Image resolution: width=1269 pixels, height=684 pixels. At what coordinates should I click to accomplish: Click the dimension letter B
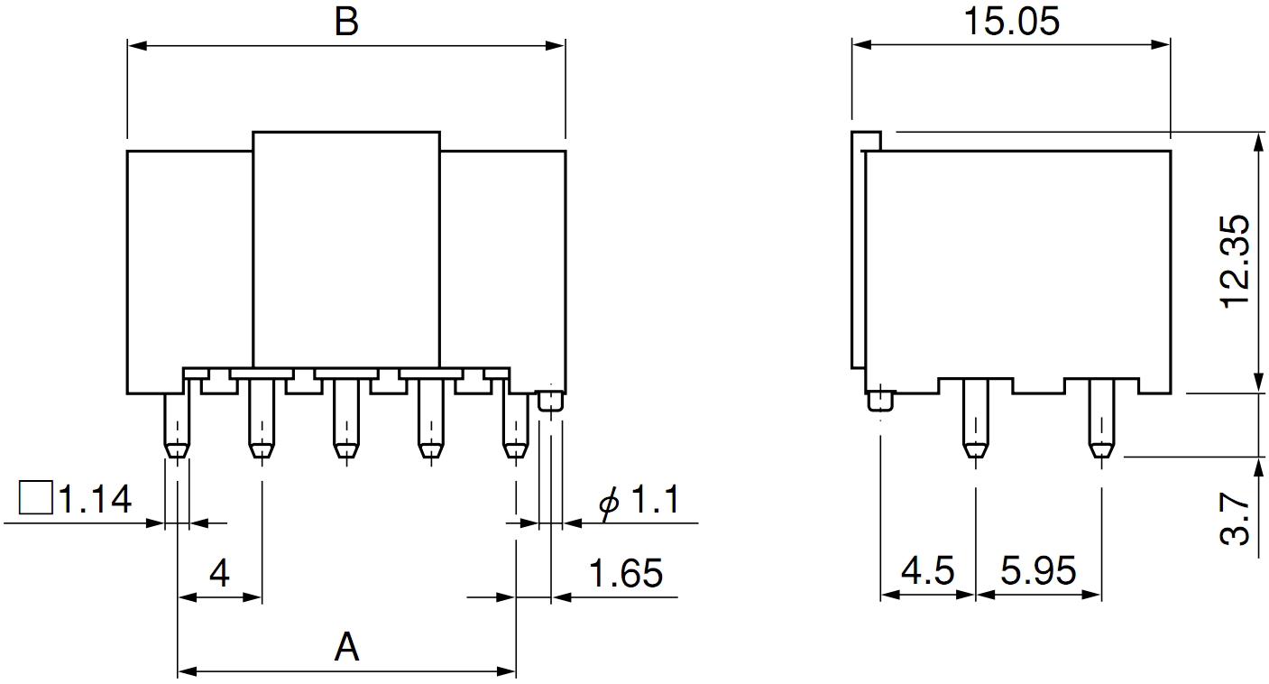(346, 22)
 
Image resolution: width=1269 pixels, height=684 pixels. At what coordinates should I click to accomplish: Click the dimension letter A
(346, 647)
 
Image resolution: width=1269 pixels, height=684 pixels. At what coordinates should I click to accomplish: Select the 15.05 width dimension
(1011, 22)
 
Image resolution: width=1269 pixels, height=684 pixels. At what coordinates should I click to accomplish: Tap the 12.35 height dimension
(1236, 262)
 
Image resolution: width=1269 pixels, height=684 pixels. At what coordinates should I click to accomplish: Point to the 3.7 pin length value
(1236, 519)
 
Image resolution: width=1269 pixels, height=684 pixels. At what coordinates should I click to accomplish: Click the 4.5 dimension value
(927, 570)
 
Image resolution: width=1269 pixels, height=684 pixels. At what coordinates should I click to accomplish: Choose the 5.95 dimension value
(1038, 570)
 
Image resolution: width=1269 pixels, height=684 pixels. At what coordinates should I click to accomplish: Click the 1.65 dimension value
(626, 573)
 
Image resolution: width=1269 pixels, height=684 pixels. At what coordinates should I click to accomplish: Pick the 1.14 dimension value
(95, 499)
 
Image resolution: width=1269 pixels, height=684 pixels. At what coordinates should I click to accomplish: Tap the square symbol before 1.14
(36, 497)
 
